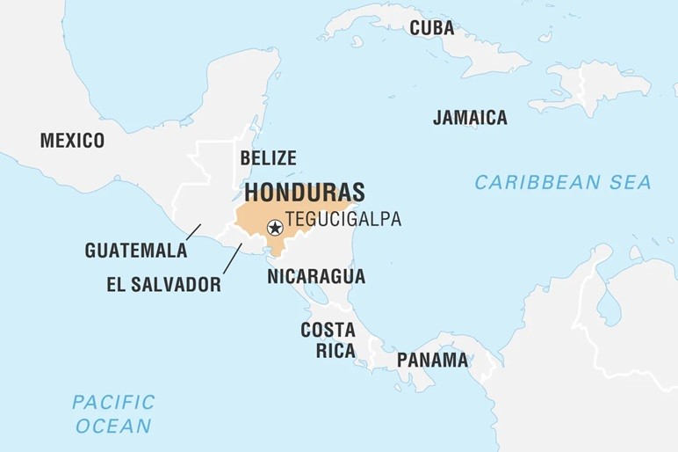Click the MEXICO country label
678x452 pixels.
point(72,141)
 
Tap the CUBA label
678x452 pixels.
point(432,28)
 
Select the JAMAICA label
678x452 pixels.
point(470,117)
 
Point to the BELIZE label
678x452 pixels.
point(268,158)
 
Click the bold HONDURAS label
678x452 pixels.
point(305,193)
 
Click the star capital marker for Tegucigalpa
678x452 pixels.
point(275,228)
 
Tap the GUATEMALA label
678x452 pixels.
point(136,251)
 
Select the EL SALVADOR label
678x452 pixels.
point(164,284)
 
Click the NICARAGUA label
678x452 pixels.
point(316,276)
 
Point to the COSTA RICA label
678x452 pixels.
point(328,340)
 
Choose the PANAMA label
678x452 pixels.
point(432,360)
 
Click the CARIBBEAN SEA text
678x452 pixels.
point(563,182)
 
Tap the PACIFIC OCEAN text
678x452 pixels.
point(113,414)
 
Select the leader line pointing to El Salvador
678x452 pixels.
point(232,259)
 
